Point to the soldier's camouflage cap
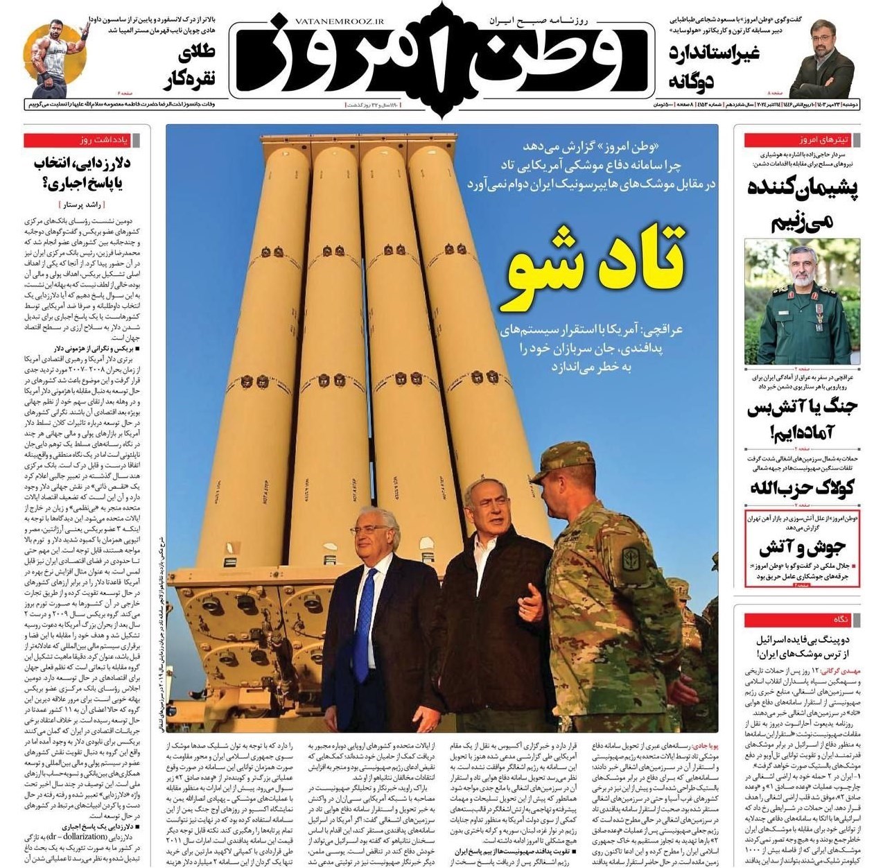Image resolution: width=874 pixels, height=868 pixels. pos(559,458)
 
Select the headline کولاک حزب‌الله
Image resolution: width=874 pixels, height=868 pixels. pos(801,487)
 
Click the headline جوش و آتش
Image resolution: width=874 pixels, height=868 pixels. pos(801,548)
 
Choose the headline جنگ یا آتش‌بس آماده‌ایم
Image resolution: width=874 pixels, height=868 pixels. pos(801,420)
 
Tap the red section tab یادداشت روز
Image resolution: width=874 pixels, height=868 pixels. pos(86,140)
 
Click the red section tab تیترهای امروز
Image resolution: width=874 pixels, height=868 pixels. pos(802,140)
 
